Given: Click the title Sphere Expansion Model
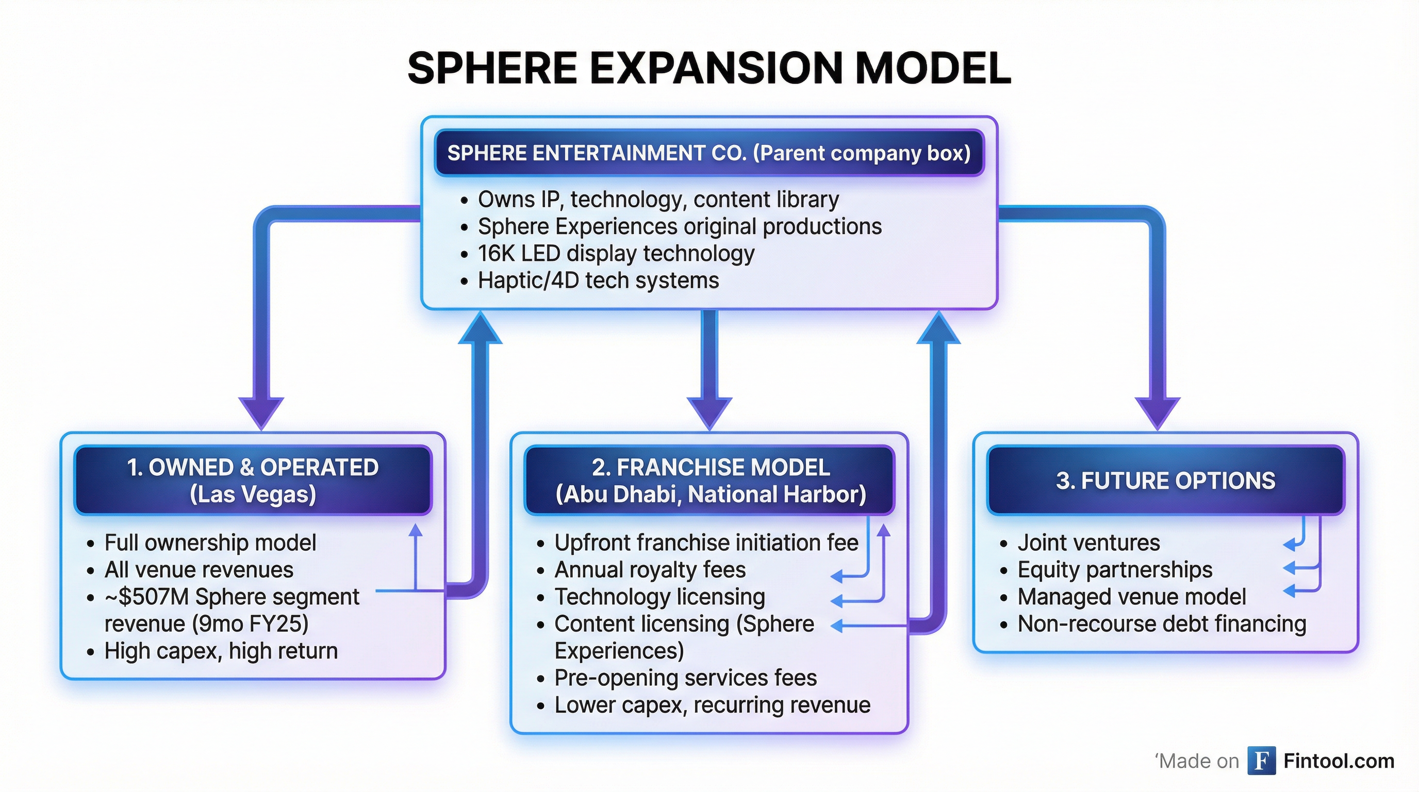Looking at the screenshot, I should point(709,68).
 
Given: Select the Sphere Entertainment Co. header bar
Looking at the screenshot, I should point(709,153).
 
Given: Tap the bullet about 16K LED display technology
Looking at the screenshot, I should point(615,253).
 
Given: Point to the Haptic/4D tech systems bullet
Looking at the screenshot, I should point(598,280).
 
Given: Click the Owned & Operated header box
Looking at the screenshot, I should point(253,480).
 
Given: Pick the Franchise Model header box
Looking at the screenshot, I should point(709,480).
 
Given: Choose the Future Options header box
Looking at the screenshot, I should point(1165,480).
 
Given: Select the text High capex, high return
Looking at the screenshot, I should point(220,651).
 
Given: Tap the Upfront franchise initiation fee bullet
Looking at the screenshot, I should point(706,543).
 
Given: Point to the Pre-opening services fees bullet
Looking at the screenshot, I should point(685,678).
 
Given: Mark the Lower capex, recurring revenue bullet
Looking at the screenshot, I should point(712,705).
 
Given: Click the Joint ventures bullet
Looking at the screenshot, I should point(1088,543).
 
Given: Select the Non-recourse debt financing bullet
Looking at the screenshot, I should point(1161,624).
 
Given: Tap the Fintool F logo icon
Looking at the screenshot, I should point(1261,761).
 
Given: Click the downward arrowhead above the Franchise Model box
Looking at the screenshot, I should point(709,412).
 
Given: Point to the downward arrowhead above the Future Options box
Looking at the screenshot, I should point(1158,412).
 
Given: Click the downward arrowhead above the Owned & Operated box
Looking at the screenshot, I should point(261,412).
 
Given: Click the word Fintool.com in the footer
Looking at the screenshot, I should point(1339,761).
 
